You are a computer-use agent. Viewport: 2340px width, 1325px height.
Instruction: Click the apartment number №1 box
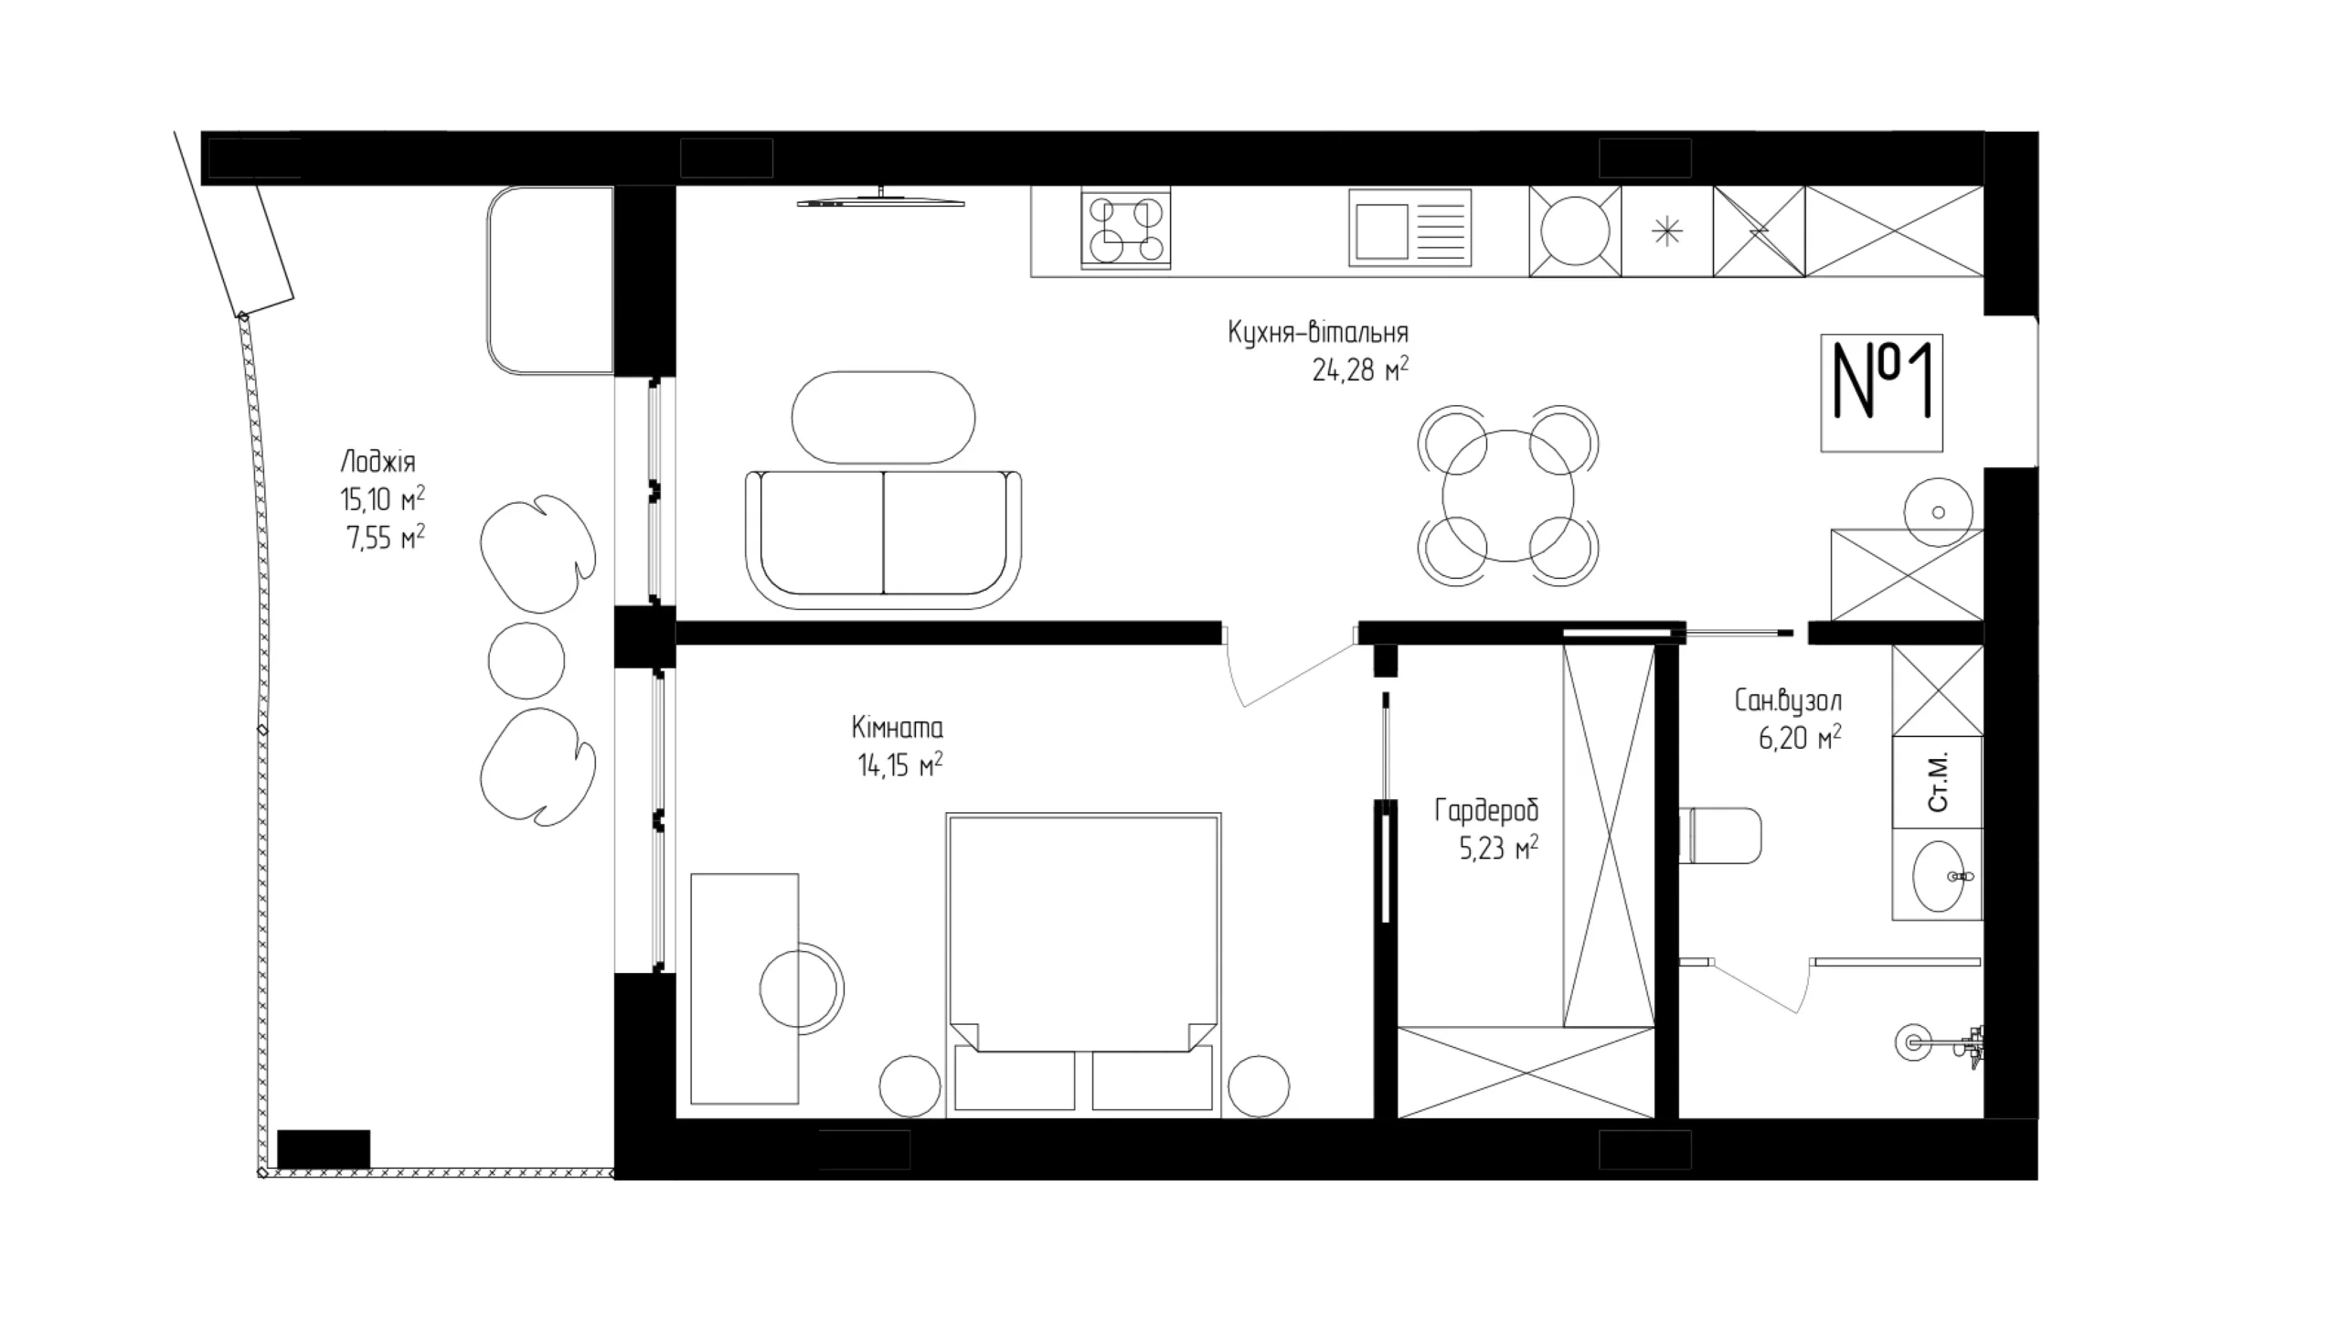pyautogui.click(x=1881, y=392)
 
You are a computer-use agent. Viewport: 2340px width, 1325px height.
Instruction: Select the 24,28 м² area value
pyautogui.click(x=1360, y=369)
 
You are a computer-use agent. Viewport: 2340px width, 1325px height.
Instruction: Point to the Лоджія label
pyautogui.click(x=378, y=462)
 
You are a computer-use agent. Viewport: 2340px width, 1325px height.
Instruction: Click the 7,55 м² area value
pyautogui.click(x=385, y=538)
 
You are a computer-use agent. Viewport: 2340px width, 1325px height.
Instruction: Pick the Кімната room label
pyautogui.click(x=898, y=728)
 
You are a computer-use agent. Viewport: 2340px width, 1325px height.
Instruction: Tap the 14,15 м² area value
pyautogui.click(x=899, y=765)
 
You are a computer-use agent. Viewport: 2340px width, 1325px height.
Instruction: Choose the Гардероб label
pyautogui.click(x=1487, y=811)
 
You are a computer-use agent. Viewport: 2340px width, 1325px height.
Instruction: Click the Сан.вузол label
pyautogui.click(x=1788, y=701)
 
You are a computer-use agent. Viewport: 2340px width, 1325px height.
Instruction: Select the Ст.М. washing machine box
pyautogui.click(x=1937, y=782)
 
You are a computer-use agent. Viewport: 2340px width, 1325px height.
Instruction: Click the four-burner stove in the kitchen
pyautogui.click(x=1125, y=230)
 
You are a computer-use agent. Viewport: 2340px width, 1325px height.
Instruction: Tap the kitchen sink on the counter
pyautogui.click(x=1409, y=229)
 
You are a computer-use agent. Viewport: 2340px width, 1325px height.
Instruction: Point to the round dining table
pyautogui.click(x=1508, y=496)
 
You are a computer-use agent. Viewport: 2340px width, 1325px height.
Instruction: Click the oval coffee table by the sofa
pyautogui.click(x=883, y=418)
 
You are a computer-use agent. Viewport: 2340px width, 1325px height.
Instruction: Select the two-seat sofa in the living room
pyautogui.click(x=883, y=539)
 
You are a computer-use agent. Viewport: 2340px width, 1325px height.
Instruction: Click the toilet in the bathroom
pyautogui.click(x=1721, y=835)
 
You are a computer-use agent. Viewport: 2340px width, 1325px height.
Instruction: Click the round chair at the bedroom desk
pyautogui.click(x=802, y=989)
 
